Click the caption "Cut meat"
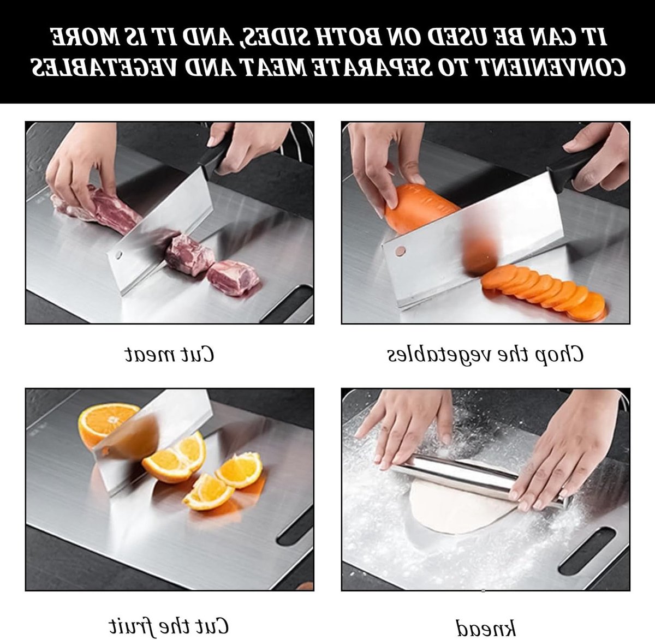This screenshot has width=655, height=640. click(x=169, y=354)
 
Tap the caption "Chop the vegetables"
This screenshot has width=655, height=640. click(x=485, y=355)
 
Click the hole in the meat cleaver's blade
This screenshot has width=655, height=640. click(x=118, y=254)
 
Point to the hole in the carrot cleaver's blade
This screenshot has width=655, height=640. click(x=400, y=250)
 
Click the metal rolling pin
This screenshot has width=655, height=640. click(x=478, y=478)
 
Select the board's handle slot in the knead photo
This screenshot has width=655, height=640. click(x=586, y=551)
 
